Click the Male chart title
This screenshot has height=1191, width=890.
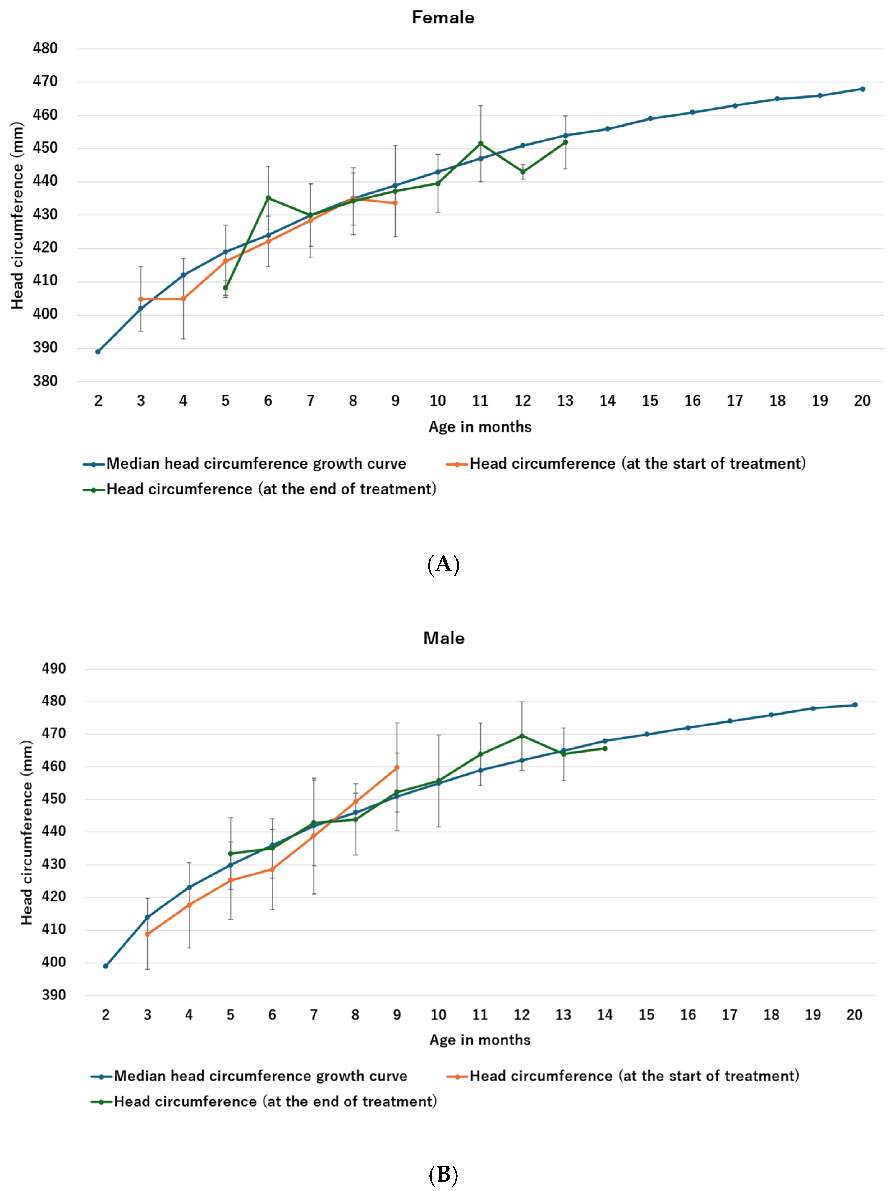pyautogui.click(x=443, y=638)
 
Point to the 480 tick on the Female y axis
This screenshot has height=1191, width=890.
pyautogui.click(x=45, y=49)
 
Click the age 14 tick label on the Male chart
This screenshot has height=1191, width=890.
pyautogui.click(x=605, y=1015)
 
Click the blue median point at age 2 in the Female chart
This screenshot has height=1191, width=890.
pyautogui.click(x=98, y=352)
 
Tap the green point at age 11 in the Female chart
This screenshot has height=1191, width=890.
pyautogui.click(x=480, y=143)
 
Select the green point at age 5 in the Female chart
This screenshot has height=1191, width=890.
pyautogui.click(x=226, y=288)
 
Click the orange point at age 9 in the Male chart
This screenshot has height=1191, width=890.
pyautogui.click(x=397, y=767)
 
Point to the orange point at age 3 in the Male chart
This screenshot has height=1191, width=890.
pyautogui.click(x=147, y=934)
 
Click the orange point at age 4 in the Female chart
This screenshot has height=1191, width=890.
pyautogui.click(x=183, y=299)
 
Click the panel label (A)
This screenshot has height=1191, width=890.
pyautogui.click(x=443, y=564)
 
